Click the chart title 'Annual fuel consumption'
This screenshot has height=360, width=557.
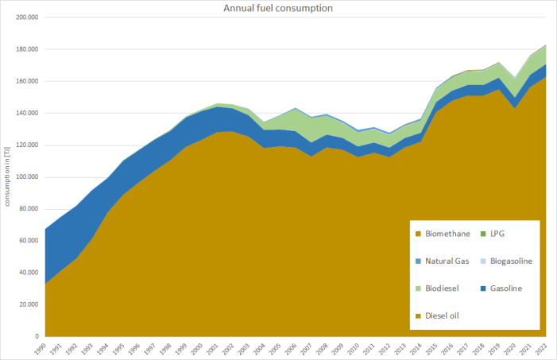pos(278,8)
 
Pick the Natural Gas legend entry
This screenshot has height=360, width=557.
pos(443,261)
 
